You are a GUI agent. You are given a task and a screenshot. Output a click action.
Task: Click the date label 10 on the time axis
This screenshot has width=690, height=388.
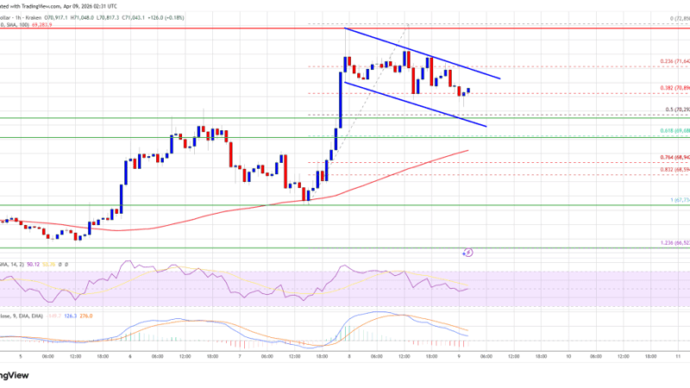point(569,354)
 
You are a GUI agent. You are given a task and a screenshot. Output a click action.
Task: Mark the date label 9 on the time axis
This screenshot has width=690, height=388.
point(459,354)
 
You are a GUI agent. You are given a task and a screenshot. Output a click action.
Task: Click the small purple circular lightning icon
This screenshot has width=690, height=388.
point(468,253)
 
